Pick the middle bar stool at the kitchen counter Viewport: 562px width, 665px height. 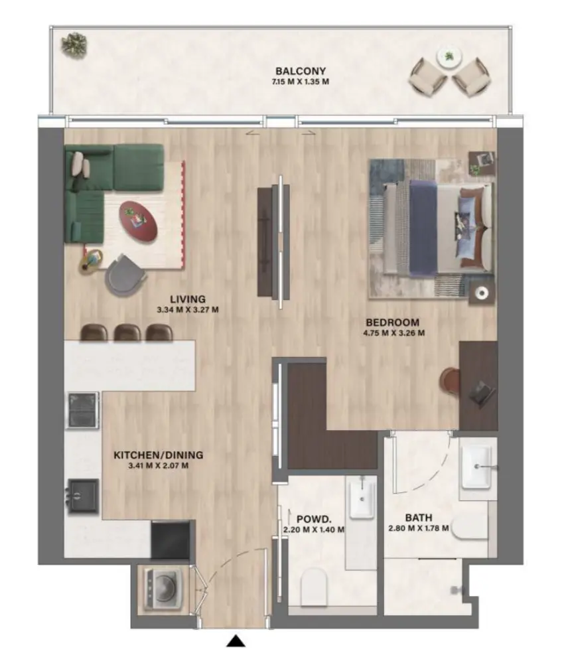(x=127, y=332)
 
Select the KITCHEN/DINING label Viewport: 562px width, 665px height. (x=158, y=455)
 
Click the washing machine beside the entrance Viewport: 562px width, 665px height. (x=161, y=586)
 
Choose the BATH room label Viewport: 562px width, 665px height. (x=419, y=518)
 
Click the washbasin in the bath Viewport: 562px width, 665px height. (x=478, y=464)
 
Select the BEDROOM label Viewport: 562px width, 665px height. (x=394, y=323)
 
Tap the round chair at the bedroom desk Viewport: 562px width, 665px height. (x=450, y=381)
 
